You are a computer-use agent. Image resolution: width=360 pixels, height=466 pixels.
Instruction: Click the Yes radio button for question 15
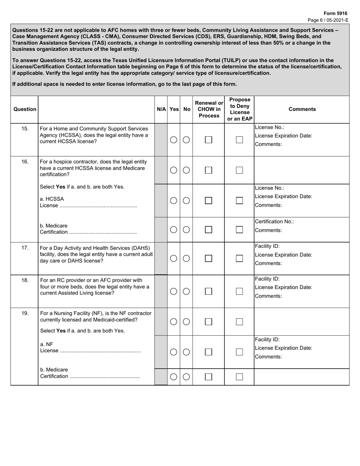174,140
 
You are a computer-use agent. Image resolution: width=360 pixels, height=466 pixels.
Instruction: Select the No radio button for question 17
186,258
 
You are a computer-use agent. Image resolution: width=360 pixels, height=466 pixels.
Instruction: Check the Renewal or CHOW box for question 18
208,291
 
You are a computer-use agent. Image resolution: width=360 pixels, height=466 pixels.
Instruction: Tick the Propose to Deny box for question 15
239,140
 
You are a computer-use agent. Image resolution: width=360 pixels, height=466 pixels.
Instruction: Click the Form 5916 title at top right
335,13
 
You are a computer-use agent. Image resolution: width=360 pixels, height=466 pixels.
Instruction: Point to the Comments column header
302,109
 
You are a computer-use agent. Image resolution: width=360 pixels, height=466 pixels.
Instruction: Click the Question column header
25,109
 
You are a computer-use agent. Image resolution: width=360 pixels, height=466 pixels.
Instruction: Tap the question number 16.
25,162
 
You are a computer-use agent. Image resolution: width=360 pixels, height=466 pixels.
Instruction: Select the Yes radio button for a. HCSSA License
174,200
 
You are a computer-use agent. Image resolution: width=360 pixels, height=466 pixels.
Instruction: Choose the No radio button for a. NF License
186,352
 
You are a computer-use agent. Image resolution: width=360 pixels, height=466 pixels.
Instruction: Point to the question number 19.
25,313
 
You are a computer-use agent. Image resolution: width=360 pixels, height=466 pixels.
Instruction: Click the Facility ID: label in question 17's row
267,246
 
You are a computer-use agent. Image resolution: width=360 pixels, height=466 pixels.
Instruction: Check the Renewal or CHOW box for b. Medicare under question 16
208,229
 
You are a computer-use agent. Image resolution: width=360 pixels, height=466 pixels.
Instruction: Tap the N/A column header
161,109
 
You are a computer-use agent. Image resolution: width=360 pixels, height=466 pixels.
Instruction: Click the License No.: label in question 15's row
269,127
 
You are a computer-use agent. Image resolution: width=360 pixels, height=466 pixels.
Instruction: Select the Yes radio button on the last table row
174,377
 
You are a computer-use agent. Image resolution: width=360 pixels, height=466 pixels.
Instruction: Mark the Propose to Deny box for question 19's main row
239,322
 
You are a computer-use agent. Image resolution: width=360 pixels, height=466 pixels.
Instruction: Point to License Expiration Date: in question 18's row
283,287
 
